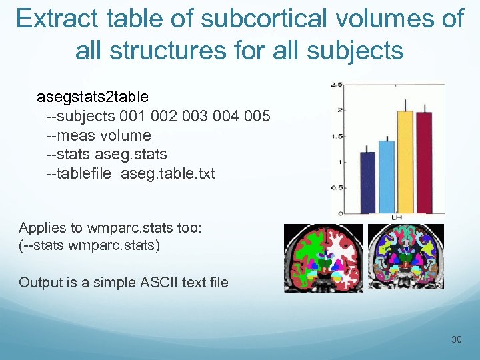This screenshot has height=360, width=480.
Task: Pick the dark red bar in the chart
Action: click(424, 163)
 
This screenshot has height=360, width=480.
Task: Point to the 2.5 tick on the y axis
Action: click(337, 85)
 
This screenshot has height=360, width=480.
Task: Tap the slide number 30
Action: click(457, 340)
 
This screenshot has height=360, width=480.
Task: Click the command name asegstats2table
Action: click(93, 97)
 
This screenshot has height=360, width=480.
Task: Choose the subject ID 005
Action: click(257, 117)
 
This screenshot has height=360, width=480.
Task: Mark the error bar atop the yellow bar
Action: click(405, 105)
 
